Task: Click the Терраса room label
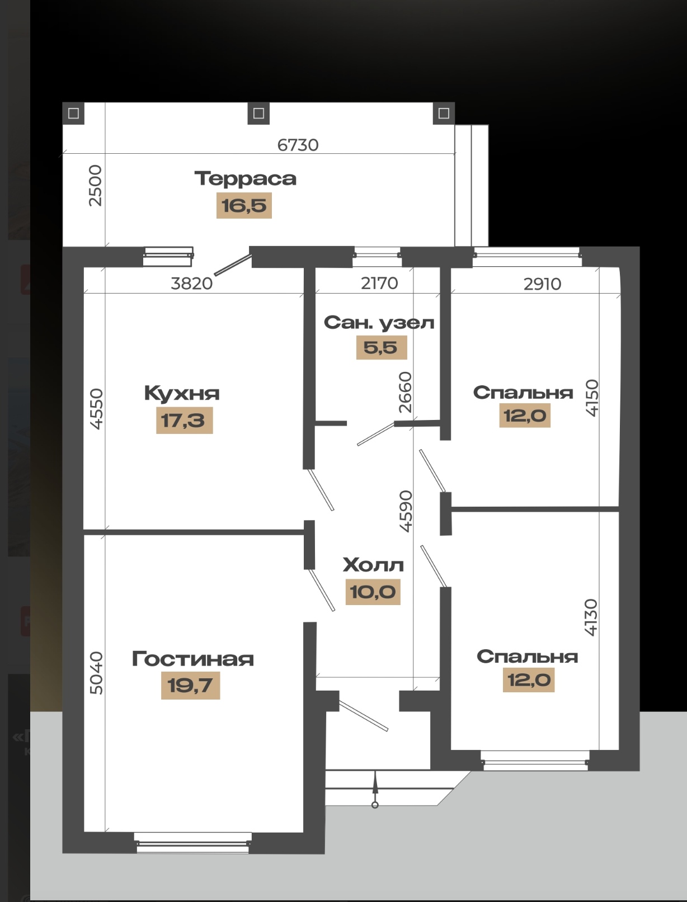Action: pyautogui.click(x=245, y=179)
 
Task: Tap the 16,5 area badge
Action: pyautogui.click(x=244, y=205)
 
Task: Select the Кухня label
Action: pyautogui.click(x=182, y=393)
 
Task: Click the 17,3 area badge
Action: pyautogui.click(x=184, y=420)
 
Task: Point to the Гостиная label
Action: pyautogui.click(x=192, y=659)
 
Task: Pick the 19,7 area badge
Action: pyautogui.click(x=190, y=685)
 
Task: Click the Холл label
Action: pyautogui.click(x=373, y=565)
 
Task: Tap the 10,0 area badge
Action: pyautogui.click(x=373, y=592)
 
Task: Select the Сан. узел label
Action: pyautogui.click(x=379, y=323)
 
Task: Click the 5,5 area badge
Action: pyautogui.click(x=381, y=347)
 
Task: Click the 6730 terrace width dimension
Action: pyautogui.click(x=298, y=145)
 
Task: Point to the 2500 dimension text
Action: pyautogui.click(x=96, y=185)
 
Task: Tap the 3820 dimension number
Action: pyautogui.click(x=191, y=284)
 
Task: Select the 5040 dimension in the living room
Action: pyautogui.click(x=96, y=673)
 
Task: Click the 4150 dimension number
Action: pyautogui.click(x=592, y=398)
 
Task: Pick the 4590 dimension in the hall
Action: pyautogui.click(x=406, y=511)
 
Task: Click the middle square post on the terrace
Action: pyautogui.click(x=258, y=114)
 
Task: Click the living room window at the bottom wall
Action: pyautogui.click(x=192, y=843)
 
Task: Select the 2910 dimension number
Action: pyautogui.click(x=542, y=284)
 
